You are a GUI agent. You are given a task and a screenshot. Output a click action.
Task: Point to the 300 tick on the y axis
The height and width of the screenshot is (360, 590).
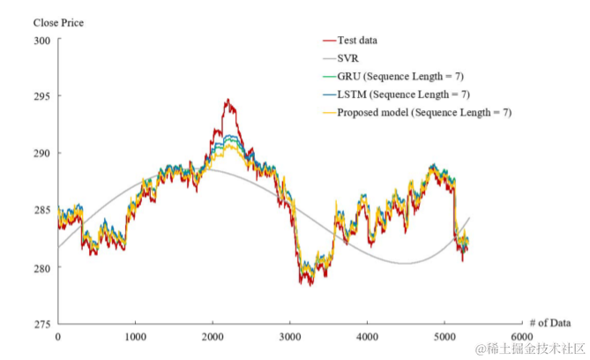(41, 40)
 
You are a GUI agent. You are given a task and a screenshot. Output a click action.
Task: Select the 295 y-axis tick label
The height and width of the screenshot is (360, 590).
(41, 96)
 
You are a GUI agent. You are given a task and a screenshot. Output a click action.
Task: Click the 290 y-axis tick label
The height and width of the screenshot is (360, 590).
(41, 153)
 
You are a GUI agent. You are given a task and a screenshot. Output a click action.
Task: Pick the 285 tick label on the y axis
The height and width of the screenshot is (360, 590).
(41, 210)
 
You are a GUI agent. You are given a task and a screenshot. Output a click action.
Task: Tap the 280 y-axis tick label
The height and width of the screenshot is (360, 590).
(41, 267)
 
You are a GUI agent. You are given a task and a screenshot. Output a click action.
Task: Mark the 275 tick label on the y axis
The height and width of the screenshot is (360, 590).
(41, 325)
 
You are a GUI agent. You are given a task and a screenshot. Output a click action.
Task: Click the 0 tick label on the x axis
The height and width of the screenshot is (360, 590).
(58, 337)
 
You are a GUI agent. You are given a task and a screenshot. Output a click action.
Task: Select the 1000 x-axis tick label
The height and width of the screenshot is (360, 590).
(135, 337)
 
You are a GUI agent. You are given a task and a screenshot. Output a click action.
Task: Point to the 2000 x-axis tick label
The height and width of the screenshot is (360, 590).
(213, 337)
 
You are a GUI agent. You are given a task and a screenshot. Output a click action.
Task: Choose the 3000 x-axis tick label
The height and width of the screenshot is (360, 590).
(290, 337)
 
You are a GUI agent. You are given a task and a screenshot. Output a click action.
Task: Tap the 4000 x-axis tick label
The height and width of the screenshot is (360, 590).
(367, 337)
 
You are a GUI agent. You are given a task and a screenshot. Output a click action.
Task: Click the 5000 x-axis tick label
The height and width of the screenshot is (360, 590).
(444, 337)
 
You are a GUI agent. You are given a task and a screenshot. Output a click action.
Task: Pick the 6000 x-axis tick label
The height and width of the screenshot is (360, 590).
(521, 337)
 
